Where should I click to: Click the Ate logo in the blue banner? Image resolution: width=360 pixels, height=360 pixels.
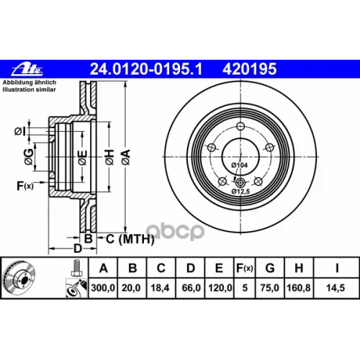[27, 70]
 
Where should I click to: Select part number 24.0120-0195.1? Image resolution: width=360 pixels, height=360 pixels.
[146, 69]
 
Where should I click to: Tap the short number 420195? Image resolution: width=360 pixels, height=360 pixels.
[250, 69]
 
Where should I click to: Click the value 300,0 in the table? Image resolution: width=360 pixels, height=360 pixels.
[103, 288]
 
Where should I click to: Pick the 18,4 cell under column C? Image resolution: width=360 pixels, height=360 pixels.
[160, 288]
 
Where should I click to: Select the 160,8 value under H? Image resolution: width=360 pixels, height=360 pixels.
[299, 288]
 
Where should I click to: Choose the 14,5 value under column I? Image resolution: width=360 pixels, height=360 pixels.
[336, 288]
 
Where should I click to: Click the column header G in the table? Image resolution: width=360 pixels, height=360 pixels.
[270, 268]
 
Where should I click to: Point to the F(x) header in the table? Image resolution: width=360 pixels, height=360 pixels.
[245, 269]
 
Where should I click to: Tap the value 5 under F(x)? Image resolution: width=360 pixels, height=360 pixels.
[245, 288]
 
